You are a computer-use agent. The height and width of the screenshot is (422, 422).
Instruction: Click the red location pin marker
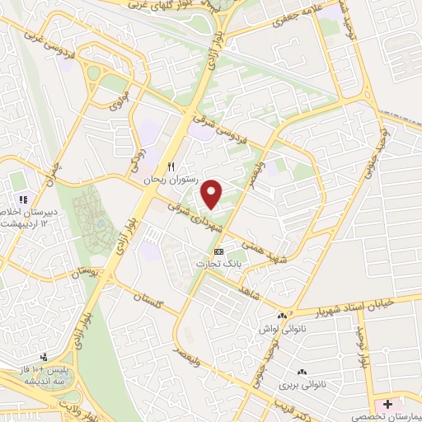[213, 194]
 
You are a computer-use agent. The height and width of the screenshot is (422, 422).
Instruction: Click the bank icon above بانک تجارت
[218, 251]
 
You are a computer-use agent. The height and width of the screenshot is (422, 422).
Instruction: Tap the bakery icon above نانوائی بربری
[302, 373]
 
